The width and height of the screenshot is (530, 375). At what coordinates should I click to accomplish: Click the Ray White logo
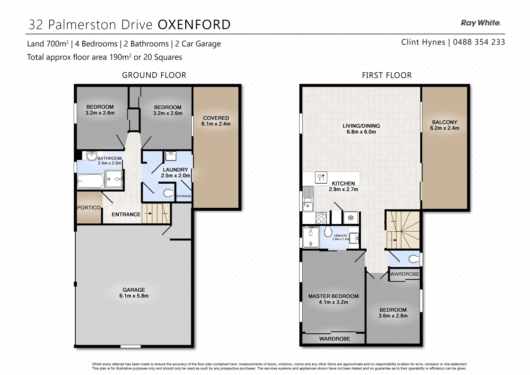pos(480,23)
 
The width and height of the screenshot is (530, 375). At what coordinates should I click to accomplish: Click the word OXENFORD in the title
pos(194,25)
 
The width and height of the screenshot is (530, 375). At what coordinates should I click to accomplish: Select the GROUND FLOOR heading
pos(154,75)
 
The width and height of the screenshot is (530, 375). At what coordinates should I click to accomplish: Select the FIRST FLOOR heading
pos(387,75)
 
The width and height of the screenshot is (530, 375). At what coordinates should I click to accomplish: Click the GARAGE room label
pos(134,290)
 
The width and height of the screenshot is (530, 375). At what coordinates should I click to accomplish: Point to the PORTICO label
pos(89,208)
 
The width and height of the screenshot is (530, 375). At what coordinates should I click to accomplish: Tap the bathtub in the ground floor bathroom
pos(90,180)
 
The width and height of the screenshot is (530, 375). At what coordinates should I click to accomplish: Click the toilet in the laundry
pos(169,193)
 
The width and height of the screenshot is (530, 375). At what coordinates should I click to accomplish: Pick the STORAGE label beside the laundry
pos(184,196)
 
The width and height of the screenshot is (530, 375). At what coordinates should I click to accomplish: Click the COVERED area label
pos(216,118)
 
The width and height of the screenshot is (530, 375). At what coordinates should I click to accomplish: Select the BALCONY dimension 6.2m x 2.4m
pos(444,128)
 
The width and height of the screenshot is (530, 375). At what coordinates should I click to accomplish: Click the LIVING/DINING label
pos(361,126)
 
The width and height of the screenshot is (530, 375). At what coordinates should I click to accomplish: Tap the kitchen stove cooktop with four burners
pos(321,218)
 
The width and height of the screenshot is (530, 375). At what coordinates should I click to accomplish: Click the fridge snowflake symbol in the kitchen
pos(351,218)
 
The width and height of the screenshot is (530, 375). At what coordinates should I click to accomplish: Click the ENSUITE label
pos(340,235)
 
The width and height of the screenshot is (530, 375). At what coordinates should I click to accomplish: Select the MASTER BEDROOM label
pos(333,296)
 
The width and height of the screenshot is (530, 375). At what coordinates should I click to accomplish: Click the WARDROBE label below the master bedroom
pos(335,339)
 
